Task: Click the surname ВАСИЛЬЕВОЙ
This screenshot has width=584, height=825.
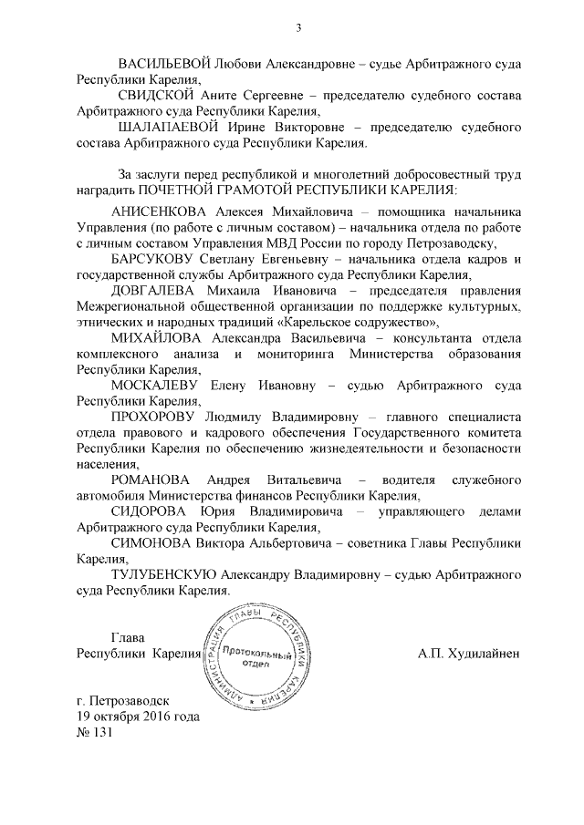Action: (165, 65)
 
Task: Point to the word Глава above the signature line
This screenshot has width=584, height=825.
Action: (127, 637)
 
